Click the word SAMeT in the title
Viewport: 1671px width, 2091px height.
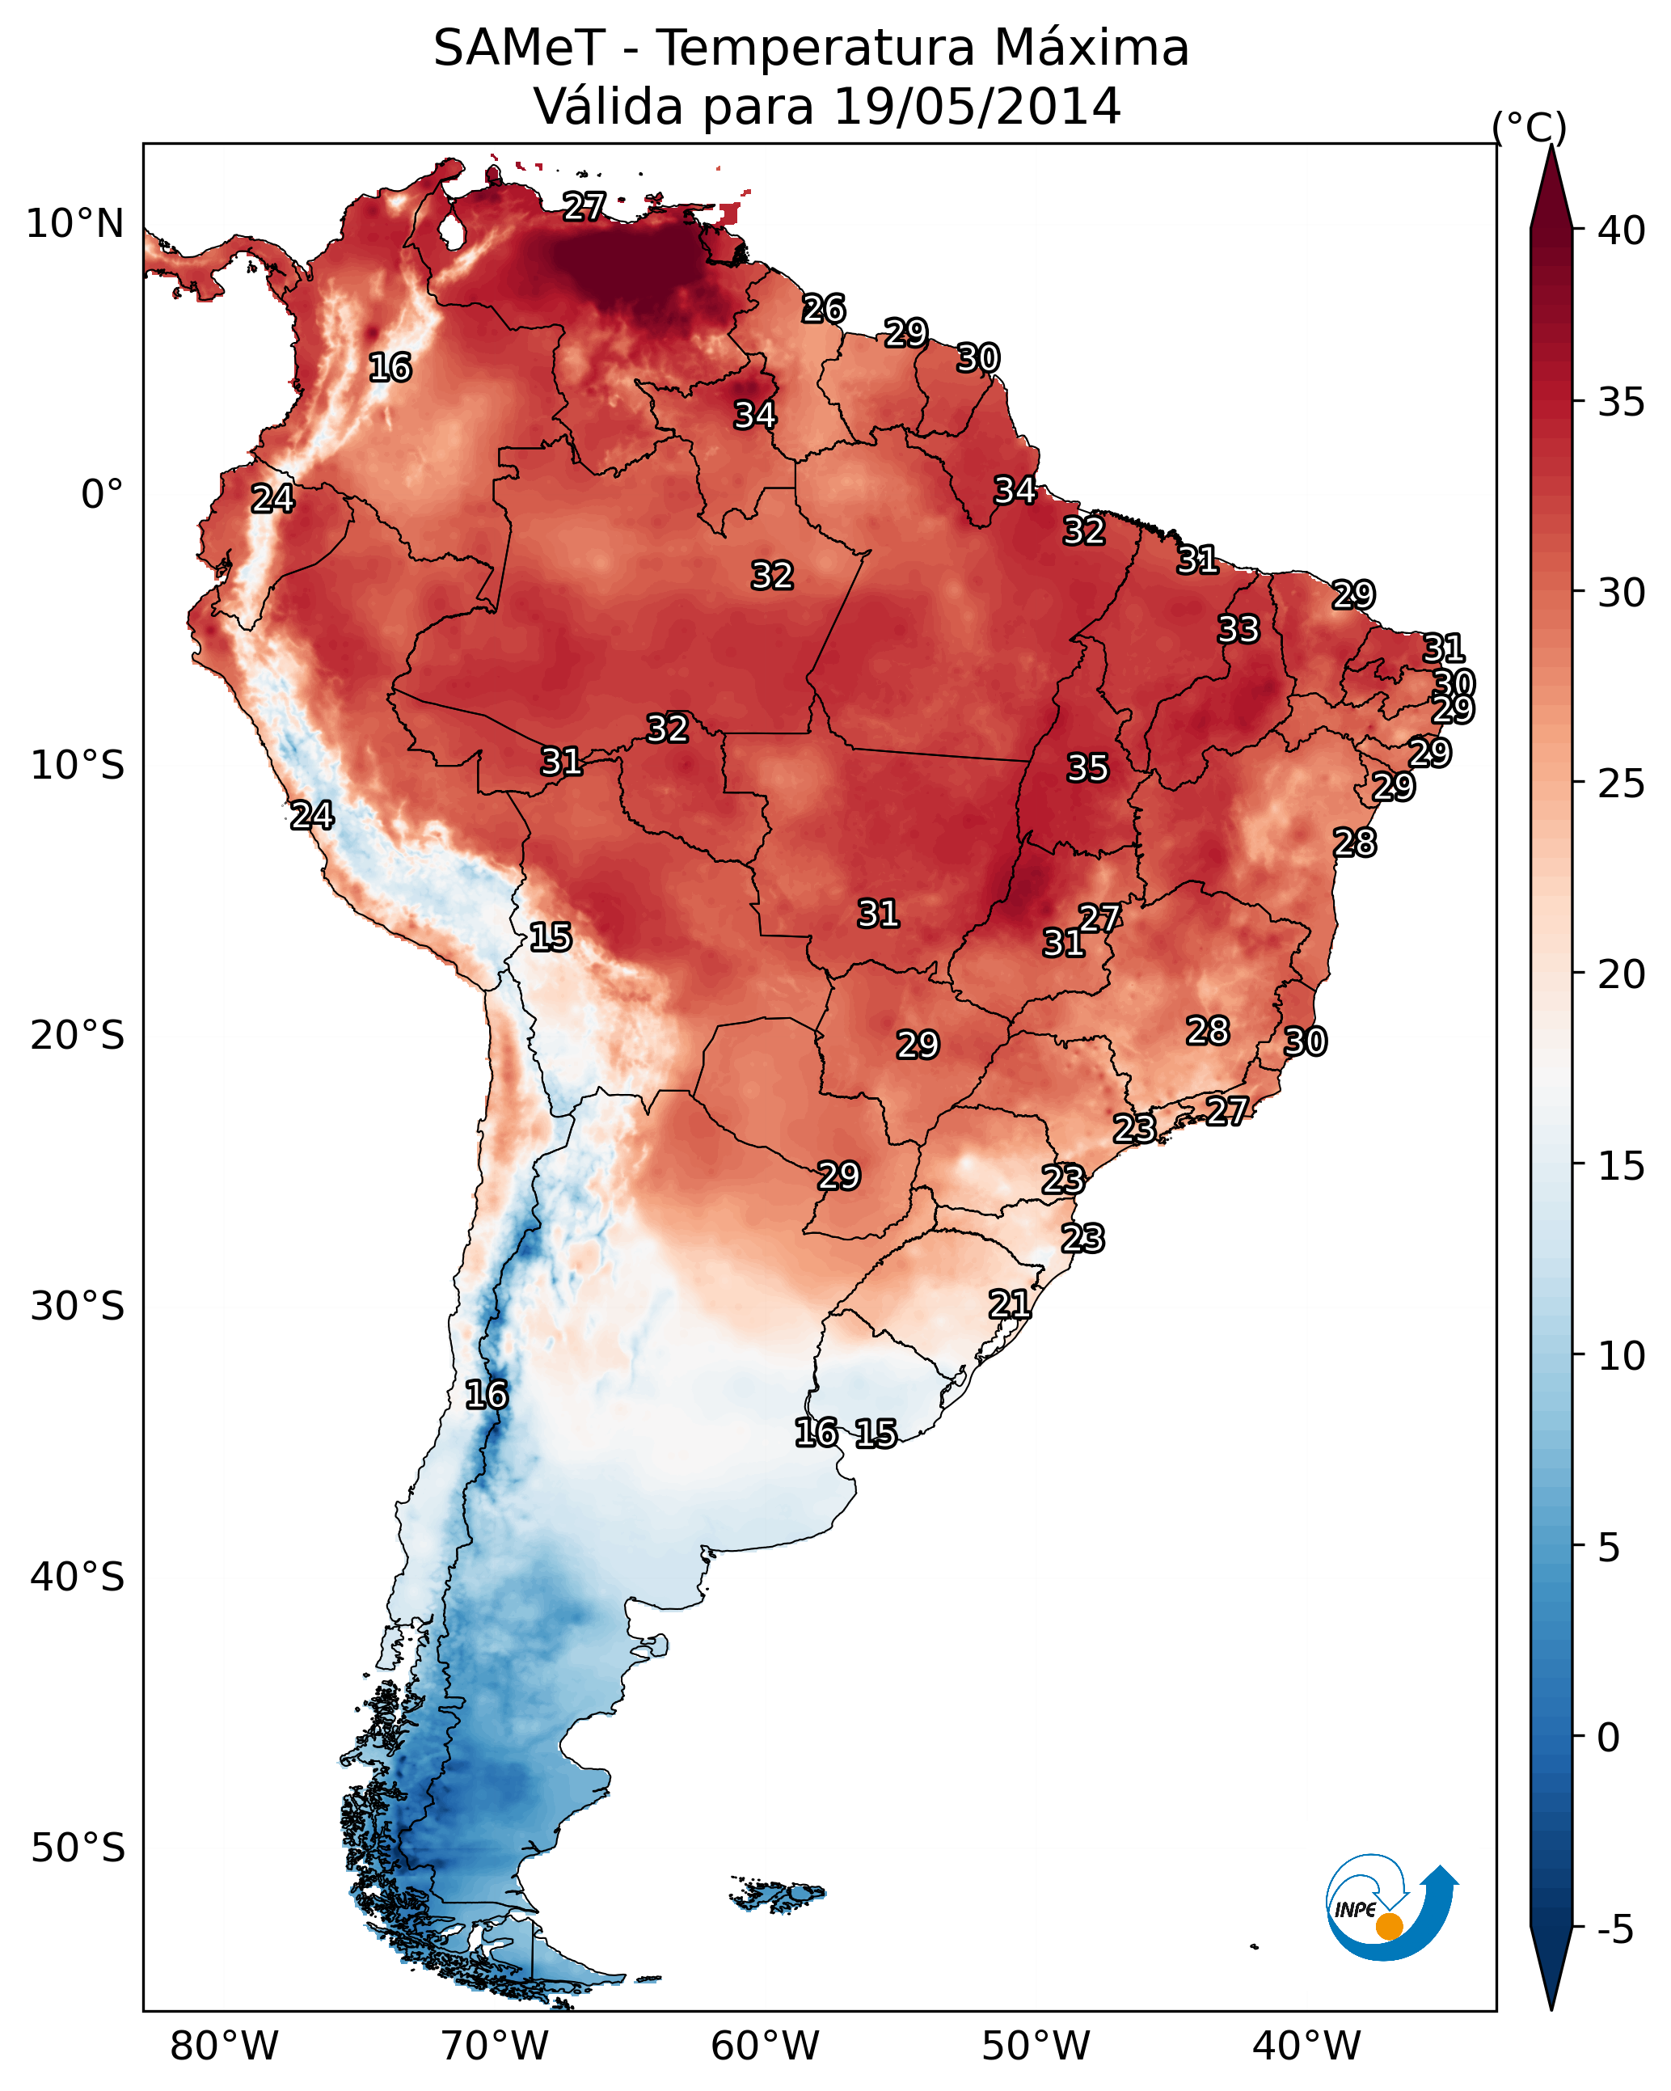pyautogui.click(x=519, y=49)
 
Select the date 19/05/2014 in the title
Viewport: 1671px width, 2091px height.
pyautogui.click(x=977, y=106)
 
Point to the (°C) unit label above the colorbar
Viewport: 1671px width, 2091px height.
pyautogui.click(x=1529, y=127)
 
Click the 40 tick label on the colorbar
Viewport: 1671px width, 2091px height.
pyautogui.click(x=1622, y=230)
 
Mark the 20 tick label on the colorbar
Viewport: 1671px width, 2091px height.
pyautogui.click(x=1622, y=974)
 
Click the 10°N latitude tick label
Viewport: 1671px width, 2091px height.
pyautogui.click(x=74, y=224)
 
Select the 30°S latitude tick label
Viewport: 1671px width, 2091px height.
pyautogui.click(x=78, y=1307)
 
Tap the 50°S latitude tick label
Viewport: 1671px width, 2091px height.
pyautogui.click(x=78, y=1848)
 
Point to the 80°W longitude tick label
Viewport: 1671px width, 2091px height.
pyautogui.click(x=224, y=2047)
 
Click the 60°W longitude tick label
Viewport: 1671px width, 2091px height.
pyautogui.click(x=766, y=2047)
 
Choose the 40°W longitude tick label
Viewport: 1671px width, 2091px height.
pyautogui.click(x=1306, y=2047)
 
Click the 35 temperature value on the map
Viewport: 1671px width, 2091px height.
pyautogui.click(x=1087, y=768)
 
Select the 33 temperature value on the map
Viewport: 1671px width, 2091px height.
pyautogui.click(x=1238, y=629)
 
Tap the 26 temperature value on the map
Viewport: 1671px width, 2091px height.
pyautogui.click(x=824, y=310)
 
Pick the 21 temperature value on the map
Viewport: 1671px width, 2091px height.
pyautogui.click(x=1010, y=1304)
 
